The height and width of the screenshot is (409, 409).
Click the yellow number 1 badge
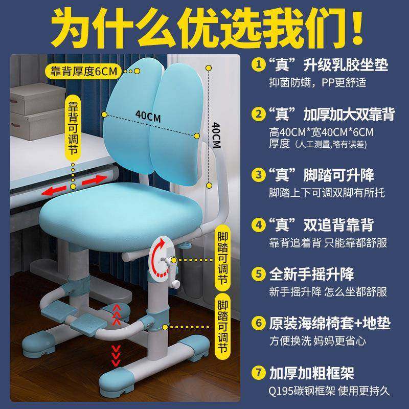[x=259, y=65]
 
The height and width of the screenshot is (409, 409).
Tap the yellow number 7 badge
[x=259, y=373]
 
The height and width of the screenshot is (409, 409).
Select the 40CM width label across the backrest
[x=148, y=117]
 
